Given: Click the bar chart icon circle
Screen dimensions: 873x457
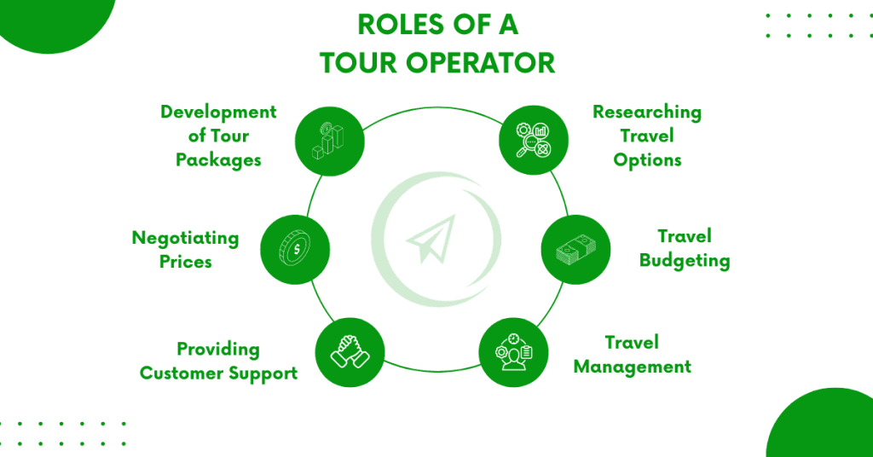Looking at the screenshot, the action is click(x=330, y=142).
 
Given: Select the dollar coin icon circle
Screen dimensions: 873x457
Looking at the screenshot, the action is click(x=295, y=249).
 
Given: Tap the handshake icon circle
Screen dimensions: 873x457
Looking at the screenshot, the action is click(x=350, y=352).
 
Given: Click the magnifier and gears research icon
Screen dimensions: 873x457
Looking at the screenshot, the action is click(x=534, y=141).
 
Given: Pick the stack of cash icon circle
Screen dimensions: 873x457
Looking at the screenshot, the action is click(x=575, y=249).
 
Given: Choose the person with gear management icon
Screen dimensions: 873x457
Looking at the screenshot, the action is click(x=513, y=352).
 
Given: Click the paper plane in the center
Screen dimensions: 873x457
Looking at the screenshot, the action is click(x=431, y=239).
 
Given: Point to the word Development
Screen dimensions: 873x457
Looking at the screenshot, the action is click(x=218, y=112).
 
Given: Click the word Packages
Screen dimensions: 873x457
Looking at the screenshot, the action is click(x=218, y=160).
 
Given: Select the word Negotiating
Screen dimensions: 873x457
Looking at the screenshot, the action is click(x=185, y=238).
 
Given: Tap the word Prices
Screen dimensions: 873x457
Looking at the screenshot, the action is click(x=185, y=262).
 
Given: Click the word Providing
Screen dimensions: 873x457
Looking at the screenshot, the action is click(x=218, y=350).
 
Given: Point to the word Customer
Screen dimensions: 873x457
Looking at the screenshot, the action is click(x=179, y=373).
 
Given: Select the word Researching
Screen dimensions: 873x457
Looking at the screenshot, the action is click(x=647, y=113).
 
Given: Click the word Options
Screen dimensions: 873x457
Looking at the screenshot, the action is click(x=647, y=160).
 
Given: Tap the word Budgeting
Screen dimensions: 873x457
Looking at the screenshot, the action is click(x=685, y=261).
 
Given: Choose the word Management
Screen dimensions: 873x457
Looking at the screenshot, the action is click(x=633, y=367).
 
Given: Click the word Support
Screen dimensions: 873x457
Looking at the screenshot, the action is click(x=261, y=373).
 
